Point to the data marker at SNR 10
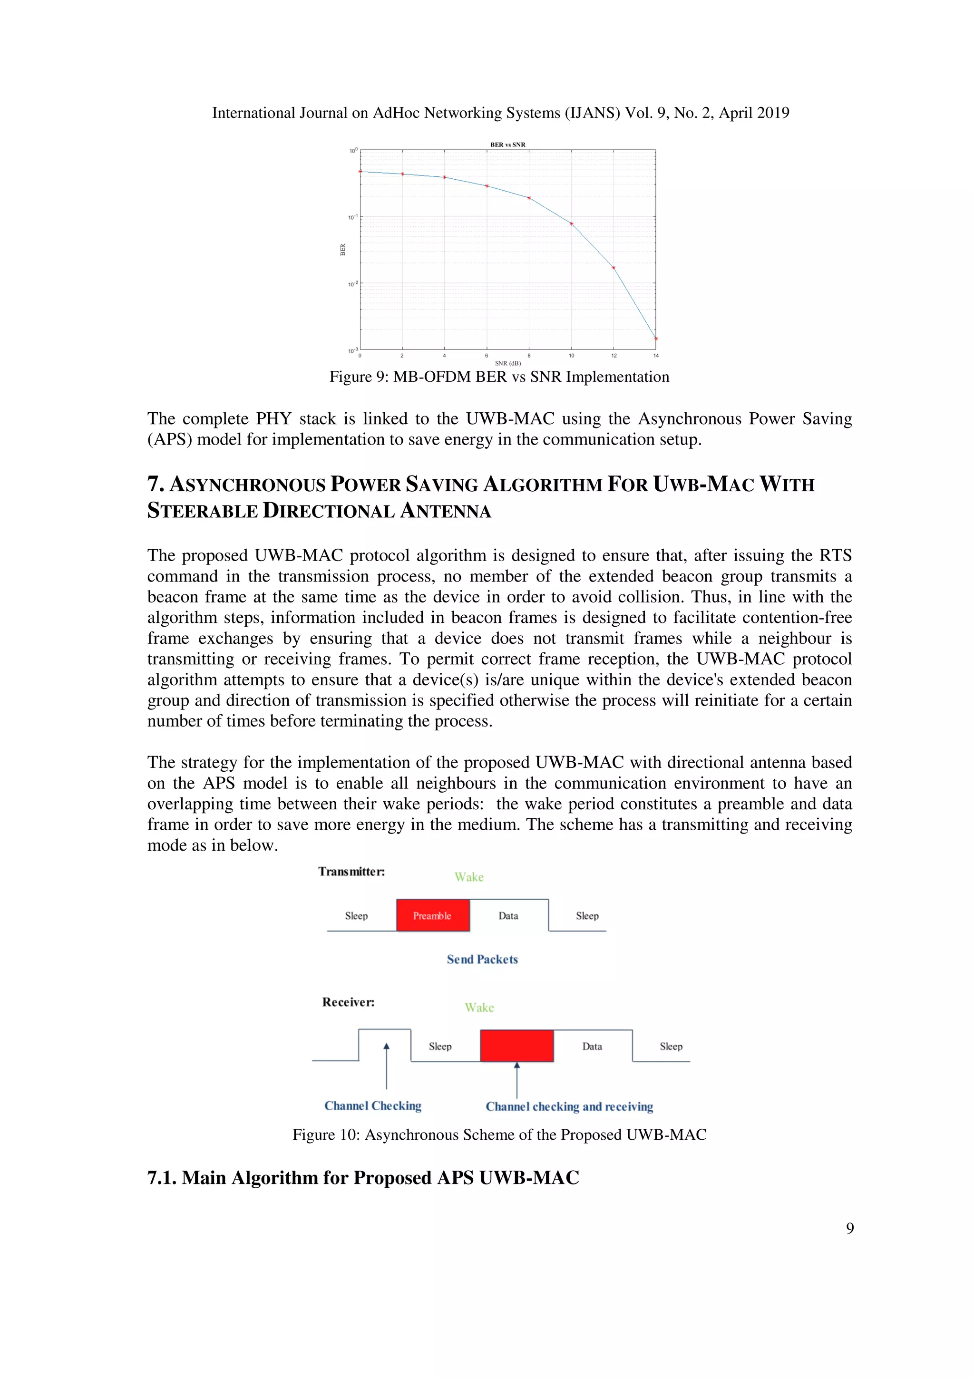pos(571,224)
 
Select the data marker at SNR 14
pos(655,339)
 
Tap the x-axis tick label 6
pos(487,356)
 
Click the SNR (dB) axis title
pos(508,364)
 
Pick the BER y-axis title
pos(343,250)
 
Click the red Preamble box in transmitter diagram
pos(432,916)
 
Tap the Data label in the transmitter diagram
pos(508,916)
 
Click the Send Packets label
pos(482,960)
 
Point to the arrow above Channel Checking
pos(387,1065)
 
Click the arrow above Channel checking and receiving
pos(516,1080)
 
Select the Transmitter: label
pos(351,872)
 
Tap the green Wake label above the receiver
pos(479,1008)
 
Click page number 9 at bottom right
pos(850,1229)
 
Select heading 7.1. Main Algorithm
pos(362,1177)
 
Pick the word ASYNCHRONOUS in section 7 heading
pos(247,485)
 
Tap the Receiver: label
pos(348,1002)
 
